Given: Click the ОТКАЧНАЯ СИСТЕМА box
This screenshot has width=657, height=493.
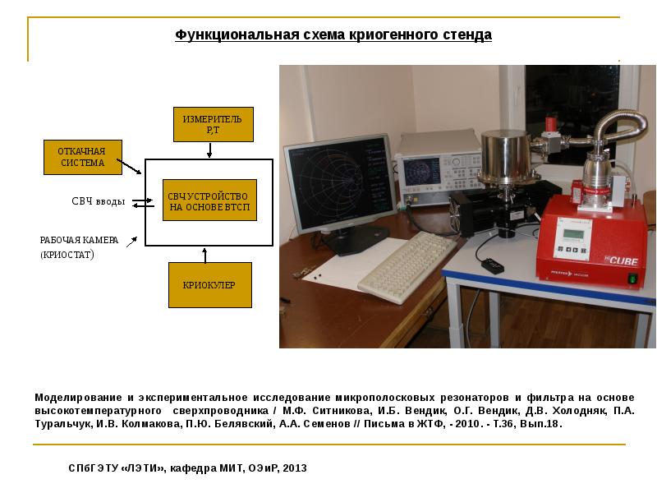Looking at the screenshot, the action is coord(83,157).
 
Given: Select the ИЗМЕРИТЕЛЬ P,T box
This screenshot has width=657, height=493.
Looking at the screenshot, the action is coord(214,125).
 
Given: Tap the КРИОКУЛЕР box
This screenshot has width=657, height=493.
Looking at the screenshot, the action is coord(210,285).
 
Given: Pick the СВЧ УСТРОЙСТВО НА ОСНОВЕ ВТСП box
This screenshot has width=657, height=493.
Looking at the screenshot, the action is coord(209,200).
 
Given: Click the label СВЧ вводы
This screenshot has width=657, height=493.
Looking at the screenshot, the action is coord(99,201).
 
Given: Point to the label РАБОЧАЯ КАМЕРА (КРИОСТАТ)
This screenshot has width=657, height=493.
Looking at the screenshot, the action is coord(79,247).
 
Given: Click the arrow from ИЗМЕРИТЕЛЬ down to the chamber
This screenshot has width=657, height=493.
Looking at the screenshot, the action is coord(209,150).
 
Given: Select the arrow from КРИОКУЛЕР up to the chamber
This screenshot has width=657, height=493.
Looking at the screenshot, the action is coord(204,255).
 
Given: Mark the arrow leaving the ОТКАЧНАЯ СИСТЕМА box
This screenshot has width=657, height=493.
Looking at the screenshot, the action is coord(129,167).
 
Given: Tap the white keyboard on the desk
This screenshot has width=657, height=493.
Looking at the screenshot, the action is coord(407,266).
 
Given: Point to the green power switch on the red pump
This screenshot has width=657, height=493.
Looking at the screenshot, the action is coord(632,278).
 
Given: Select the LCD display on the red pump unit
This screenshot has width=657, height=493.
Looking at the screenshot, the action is coord(572,235).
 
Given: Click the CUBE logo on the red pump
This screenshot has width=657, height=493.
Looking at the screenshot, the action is coord(622,260).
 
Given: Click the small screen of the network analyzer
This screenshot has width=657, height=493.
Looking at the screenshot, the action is coord(420,171).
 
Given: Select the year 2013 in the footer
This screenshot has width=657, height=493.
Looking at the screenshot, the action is coord(295,468).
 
